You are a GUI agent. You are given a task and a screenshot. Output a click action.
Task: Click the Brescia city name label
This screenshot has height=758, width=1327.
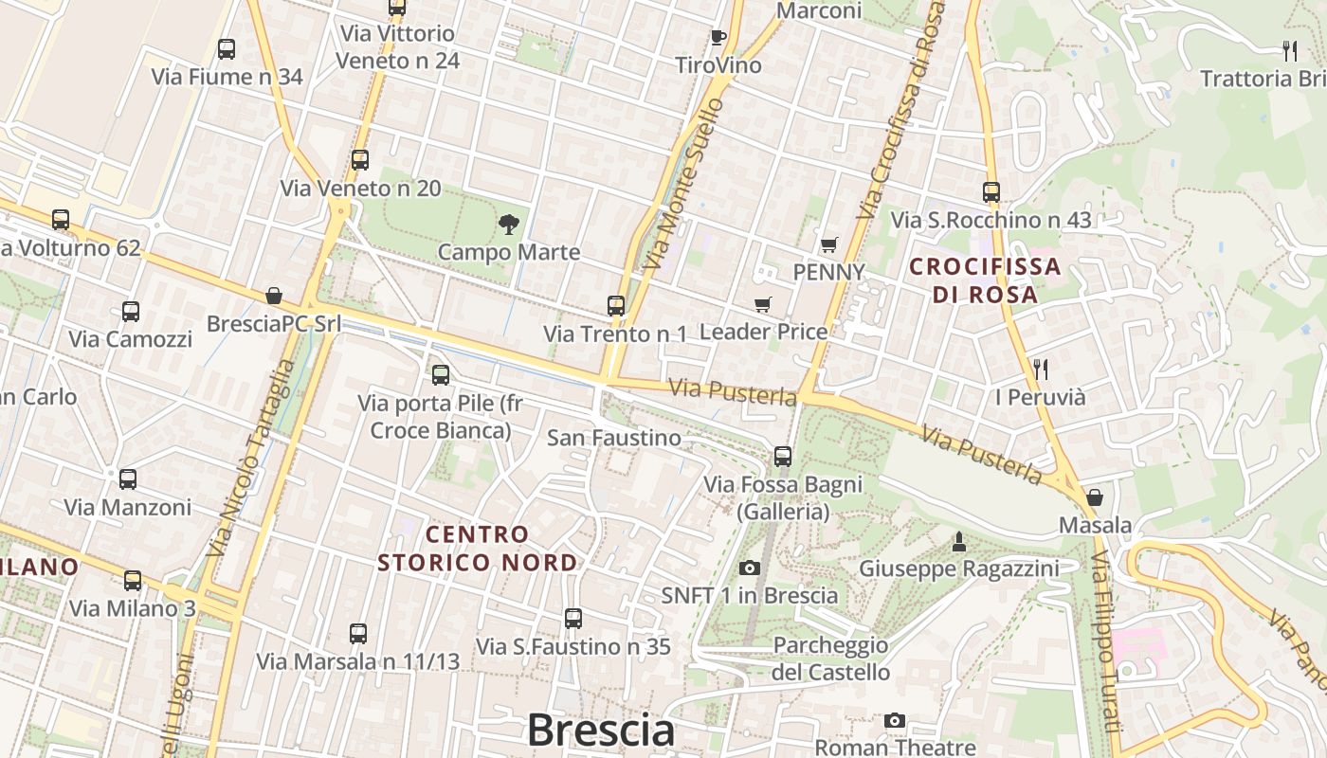click(x=601, y=731)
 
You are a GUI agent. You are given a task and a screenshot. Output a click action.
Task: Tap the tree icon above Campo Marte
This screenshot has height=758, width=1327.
click(x=509, y=225)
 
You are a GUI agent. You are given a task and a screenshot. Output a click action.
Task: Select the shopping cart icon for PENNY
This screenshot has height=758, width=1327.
click(x=829, y=244)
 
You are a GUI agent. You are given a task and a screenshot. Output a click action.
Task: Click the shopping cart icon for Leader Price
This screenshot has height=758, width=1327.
click(x=763, y=304)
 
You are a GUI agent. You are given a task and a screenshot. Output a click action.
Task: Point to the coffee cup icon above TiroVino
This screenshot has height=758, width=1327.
click(x=718, y=37)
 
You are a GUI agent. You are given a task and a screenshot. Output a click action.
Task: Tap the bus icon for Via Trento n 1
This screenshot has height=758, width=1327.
click(x=616, y=306)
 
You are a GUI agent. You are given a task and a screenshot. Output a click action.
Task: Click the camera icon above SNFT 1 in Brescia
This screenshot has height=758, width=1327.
click(x=750, y=568)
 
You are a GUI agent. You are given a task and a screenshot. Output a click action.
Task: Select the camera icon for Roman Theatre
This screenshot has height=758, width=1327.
click(x=895, y=721)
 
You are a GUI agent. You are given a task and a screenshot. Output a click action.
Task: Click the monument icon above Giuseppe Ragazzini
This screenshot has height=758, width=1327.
click(x=959, y=542)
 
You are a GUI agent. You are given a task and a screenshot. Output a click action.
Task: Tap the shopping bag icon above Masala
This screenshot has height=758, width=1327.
click(x=1095, y=497)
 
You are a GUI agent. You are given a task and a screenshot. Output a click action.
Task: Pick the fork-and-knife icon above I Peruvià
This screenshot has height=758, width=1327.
click(x=1041, y=369)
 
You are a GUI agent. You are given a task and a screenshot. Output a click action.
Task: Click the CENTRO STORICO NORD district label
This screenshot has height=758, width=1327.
click(x=478, y=549)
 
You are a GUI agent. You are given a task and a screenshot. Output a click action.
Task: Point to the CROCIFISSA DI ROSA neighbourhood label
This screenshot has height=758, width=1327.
click(x=985, y=280)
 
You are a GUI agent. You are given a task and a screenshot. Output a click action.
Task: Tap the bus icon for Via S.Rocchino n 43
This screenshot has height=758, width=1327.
click(x=991, y=192)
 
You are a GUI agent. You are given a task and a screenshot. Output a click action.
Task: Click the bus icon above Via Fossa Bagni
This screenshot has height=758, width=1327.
click(x=783, y=457)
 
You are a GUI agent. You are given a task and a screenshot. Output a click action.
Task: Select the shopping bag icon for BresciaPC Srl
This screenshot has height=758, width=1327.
click(x=274, y=296)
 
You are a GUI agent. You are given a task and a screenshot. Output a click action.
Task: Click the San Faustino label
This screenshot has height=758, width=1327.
click(x=614, y=438)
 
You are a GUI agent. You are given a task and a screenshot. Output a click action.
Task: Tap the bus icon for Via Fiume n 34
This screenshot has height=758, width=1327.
click(x=227, y=49)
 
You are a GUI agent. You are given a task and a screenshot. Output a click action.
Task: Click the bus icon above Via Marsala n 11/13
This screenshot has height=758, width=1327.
click(x=358, y=634)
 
